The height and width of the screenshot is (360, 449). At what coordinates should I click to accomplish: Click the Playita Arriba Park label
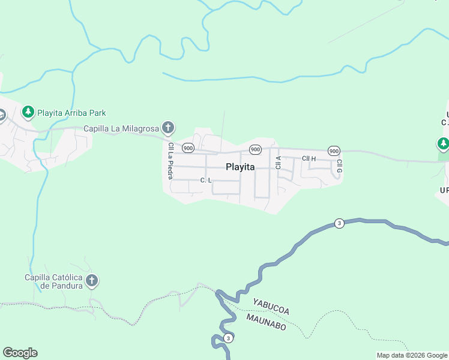[x=71, y=112]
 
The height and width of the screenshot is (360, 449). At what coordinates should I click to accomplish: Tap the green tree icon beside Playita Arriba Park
[x=28, y=112]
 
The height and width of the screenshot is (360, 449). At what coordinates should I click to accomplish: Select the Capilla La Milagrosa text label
[x=121, y=128]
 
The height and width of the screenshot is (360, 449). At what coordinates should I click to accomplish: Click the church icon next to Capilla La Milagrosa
[x=169, y=127]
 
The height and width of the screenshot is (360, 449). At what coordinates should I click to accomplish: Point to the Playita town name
[x=241, y=167]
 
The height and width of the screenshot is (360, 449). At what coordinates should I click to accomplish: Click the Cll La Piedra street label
[x=171, y=160]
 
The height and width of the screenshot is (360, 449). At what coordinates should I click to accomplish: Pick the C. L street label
[x=206, y=180]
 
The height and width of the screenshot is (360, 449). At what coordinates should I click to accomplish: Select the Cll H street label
[x=309, y=158]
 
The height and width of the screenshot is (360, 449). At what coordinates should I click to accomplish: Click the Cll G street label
[x=339, y=166]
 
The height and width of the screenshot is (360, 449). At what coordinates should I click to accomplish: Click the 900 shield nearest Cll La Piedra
[x=188, y=148]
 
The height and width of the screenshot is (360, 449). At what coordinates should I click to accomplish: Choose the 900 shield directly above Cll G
[x=334, y=150]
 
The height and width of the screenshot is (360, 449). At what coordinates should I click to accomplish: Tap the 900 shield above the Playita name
[x=255, y=149]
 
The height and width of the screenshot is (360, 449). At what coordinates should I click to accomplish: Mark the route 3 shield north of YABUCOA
[x=339, y=224]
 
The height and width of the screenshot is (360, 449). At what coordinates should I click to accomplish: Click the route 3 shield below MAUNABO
[x=228, y=338]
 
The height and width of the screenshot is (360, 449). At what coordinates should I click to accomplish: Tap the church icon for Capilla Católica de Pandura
[x=92, y=280]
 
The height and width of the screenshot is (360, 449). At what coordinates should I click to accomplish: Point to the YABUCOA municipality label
[x=271, y=307]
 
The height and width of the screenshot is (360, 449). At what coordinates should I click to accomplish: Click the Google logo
[x=20, y=353]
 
